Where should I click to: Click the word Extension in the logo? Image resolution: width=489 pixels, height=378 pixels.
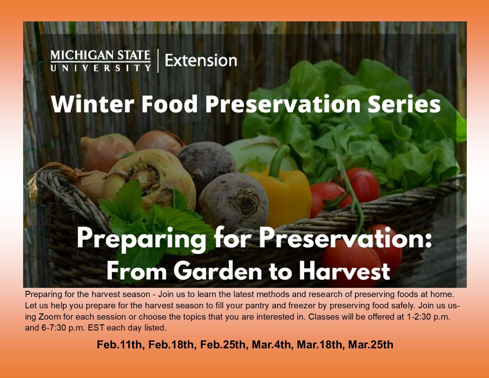coord(201,60)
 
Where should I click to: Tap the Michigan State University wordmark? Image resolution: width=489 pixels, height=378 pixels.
coord(100,60)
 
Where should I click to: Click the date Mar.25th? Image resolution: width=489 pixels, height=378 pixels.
coord(370,345)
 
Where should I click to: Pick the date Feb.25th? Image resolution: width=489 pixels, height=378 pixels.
coord(223,345)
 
